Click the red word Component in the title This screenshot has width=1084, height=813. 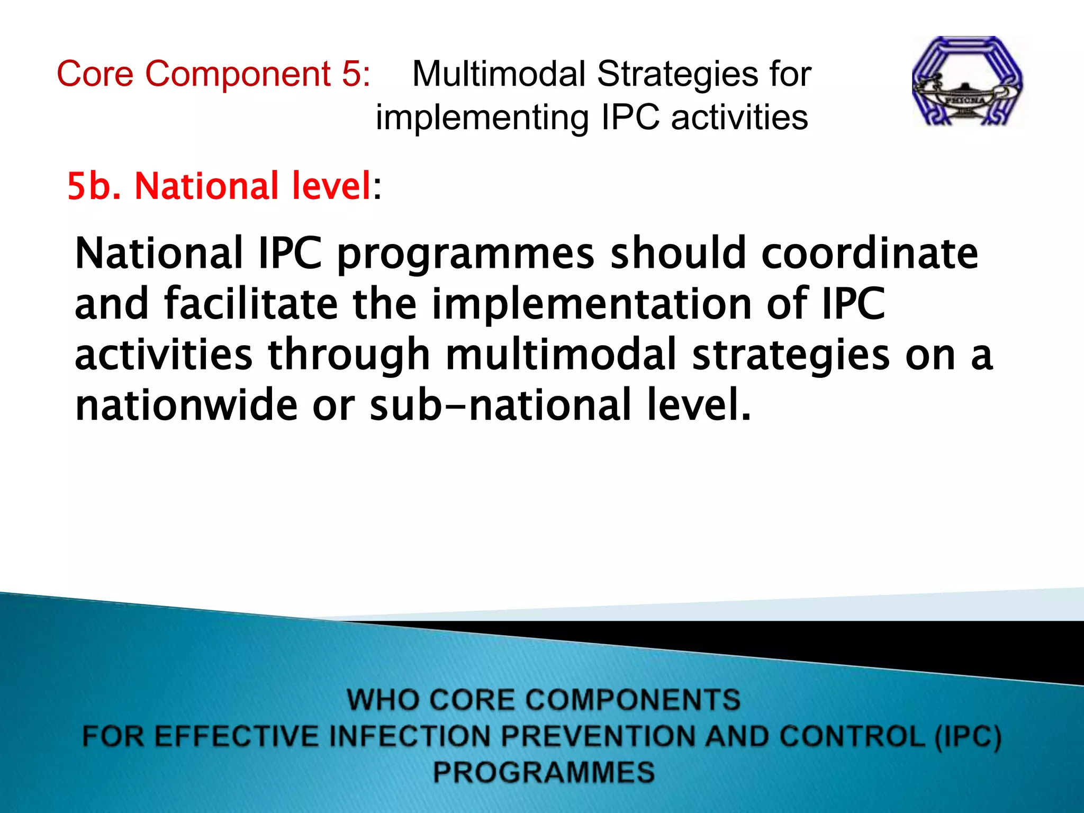pyautogui.click(x=238, y=74)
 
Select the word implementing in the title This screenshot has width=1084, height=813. pyautogui.click(x=482, y=118)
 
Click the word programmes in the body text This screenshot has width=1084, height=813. pyautogui.click(x=466, y=254)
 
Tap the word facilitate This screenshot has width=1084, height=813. pyautogui.click(x=251, y=304)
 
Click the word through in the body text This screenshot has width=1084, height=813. pyautogui.click(x=349, y=355)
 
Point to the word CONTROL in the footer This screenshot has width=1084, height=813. pyautogui.click(x=852, y=736)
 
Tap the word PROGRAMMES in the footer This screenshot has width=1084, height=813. pyautogui.click(x=544, y=772)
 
